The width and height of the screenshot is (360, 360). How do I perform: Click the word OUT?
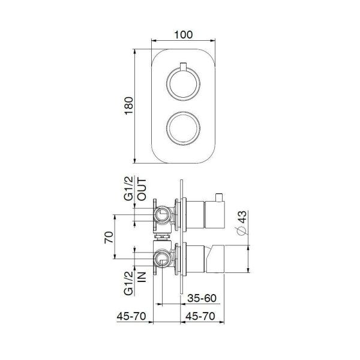click(142, 190)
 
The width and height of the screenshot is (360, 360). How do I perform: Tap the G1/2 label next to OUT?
click(128, 190)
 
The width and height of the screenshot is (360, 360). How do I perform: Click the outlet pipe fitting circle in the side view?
click(162, 214)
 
